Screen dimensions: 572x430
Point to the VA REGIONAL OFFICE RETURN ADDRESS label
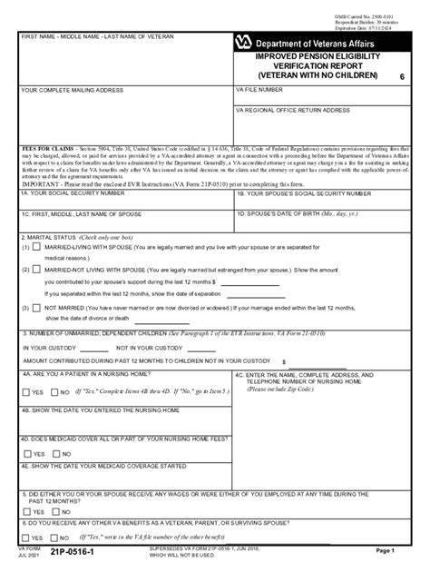(x=292, y=110)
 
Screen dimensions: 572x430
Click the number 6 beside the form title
(x=401, y=80)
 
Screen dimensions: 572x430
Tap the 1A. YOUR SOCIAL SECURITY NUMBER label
(x=73, y=193)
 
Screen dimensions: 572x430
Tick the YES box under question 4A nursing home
(x=25, y=392)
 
